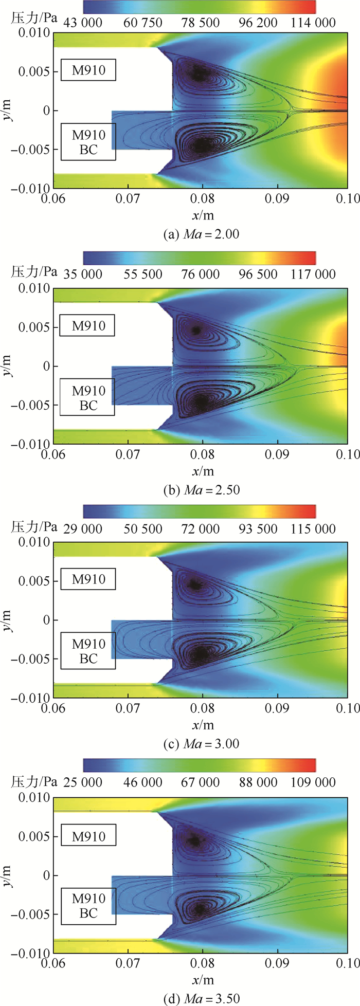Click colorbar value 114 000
coord(313,23)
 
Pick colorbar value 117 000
coord(313,274)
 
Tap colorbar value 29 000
coord(83,529)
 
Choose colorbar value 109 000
coord(313,782)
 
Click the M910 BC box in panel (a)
coord(88,142)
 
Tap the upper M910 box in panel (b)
coord(88,326)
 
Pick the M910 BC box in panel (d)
coord(88,906)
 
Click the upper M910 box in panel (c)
coord(88,579)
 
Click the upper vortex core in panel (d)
coord(194,841)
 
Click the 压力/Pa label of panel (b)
coord(34,273)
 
